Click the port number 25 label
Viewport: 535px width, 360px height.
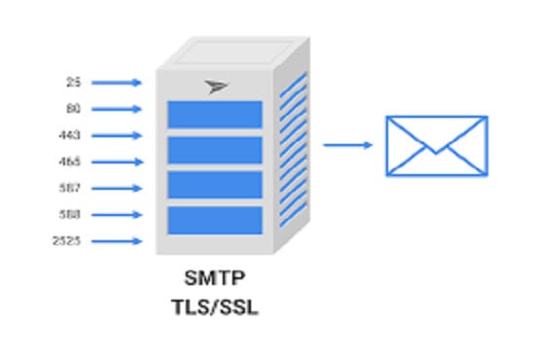tap(74, 83)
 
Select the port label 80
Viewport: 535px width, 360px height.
tap(74, 109)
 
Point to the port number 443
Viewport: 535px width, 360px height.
tap(70, 135)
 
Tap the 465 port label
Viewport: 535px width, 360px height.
tap(70, 162)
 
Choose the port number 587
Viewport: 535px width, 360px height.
tap(70, 188)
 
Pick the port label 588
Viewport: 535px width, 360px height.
tap(70, 214)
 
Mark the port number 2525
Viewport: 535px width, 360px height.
tap(67, 240)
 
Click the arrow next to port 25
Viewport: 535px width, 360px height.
tap(116, 83)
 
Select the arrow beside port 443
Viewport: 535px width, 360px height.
tap(116, 135)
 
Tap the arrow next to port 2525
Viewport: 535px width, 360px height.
tap(116, 240)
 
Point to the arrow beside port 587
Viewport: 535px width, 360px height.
tap(116, 188)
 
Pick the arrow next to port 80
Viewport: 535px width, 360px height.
tap(116, 109)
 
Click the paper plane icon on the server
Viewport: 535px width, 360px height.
tap(217, 87)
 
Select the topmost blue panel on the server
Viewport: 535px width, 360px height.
tap(215, 115)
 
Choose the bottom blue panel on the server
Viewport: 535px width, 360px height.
tap(215, 220)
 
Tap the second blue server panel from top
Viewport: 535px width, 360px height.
tap(215, 150)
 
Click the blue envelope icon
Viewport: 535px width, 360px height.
tap(436, 146)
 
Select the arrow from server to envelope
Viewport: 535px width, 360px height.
tap(347, 145)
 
